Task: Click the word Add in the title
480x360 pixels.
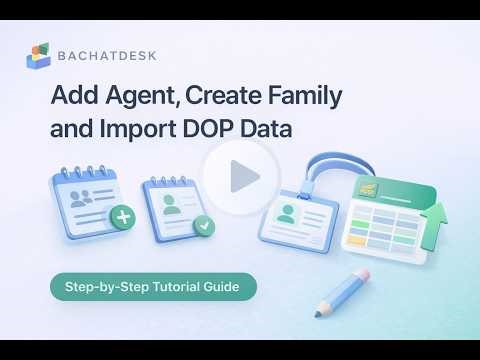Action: [x=72, y=98]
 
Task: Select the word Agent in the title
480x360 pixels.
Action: [x=135, y=98]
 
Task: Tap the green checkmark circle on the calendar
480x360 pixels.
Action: [x=206, y=226]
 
